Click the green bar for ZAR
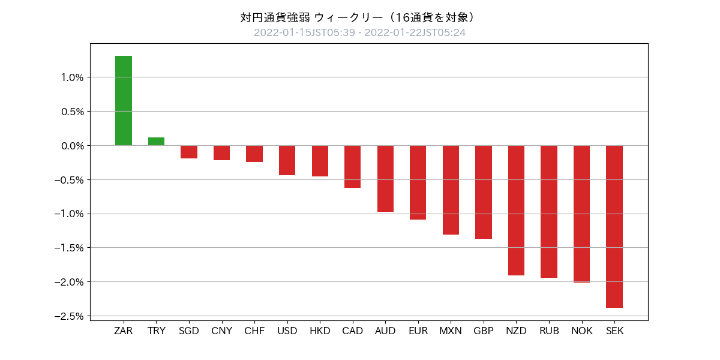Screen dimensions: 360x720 click(124, 100)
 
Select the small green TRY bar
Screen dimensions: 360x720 click(156, 142)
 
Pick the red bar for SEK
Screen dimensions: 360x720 click(614, 226)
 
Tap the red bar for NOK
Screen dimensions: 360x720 click(581, 214)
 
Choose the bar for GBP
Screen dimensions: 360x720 click(484, 192)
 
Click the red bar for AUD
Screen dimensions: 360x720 click(385, 178)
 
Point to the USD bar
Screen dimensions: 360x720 click(287, 160)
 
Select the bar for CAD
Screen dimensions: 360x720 click(352, 166)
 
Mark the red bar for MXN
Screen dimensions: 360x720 click(451, 190)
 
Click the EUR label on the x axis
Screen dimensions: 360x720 click(418, 331)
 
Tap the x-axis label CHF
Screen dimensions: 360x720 click(254, 331)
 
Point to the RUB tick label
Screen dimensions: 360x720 click(549, 331)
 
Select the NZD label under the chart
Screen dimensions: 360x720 click(516, 331)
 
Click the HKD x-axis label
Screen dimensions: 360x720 click(320, 331)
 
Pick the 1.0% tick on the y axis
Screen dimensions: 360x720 click(71, 77)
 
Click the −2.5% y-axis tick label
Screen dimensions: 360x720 click(68, 316)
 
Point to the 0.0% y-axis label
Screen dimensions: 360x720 click(71, 146)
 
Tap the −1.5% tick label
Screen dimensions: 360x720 click(68, 248)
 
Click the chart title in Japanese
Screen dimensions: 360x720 click(359, 17)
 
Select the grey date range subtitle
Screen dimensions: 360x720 click(359, 32)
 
